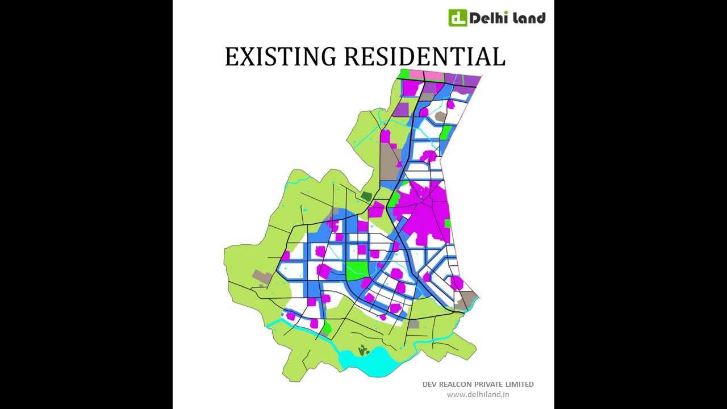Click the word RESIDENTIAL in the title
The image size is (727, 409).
coord(424,57)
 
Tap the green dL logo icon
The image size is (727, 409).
coord(457,18)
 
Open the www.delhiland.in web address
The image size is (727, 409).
coord(478,394)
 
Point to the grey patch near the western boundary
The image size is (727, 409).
coord(262,277)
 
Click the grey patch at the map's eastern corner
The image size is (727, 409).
coord(467,299)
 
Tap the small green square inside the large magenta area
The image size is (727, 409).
coord(448,223)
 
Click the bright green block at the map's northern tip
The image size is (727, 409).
coord(404,74)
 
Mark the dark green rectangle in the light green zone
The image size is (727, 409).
coord(366,197)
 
